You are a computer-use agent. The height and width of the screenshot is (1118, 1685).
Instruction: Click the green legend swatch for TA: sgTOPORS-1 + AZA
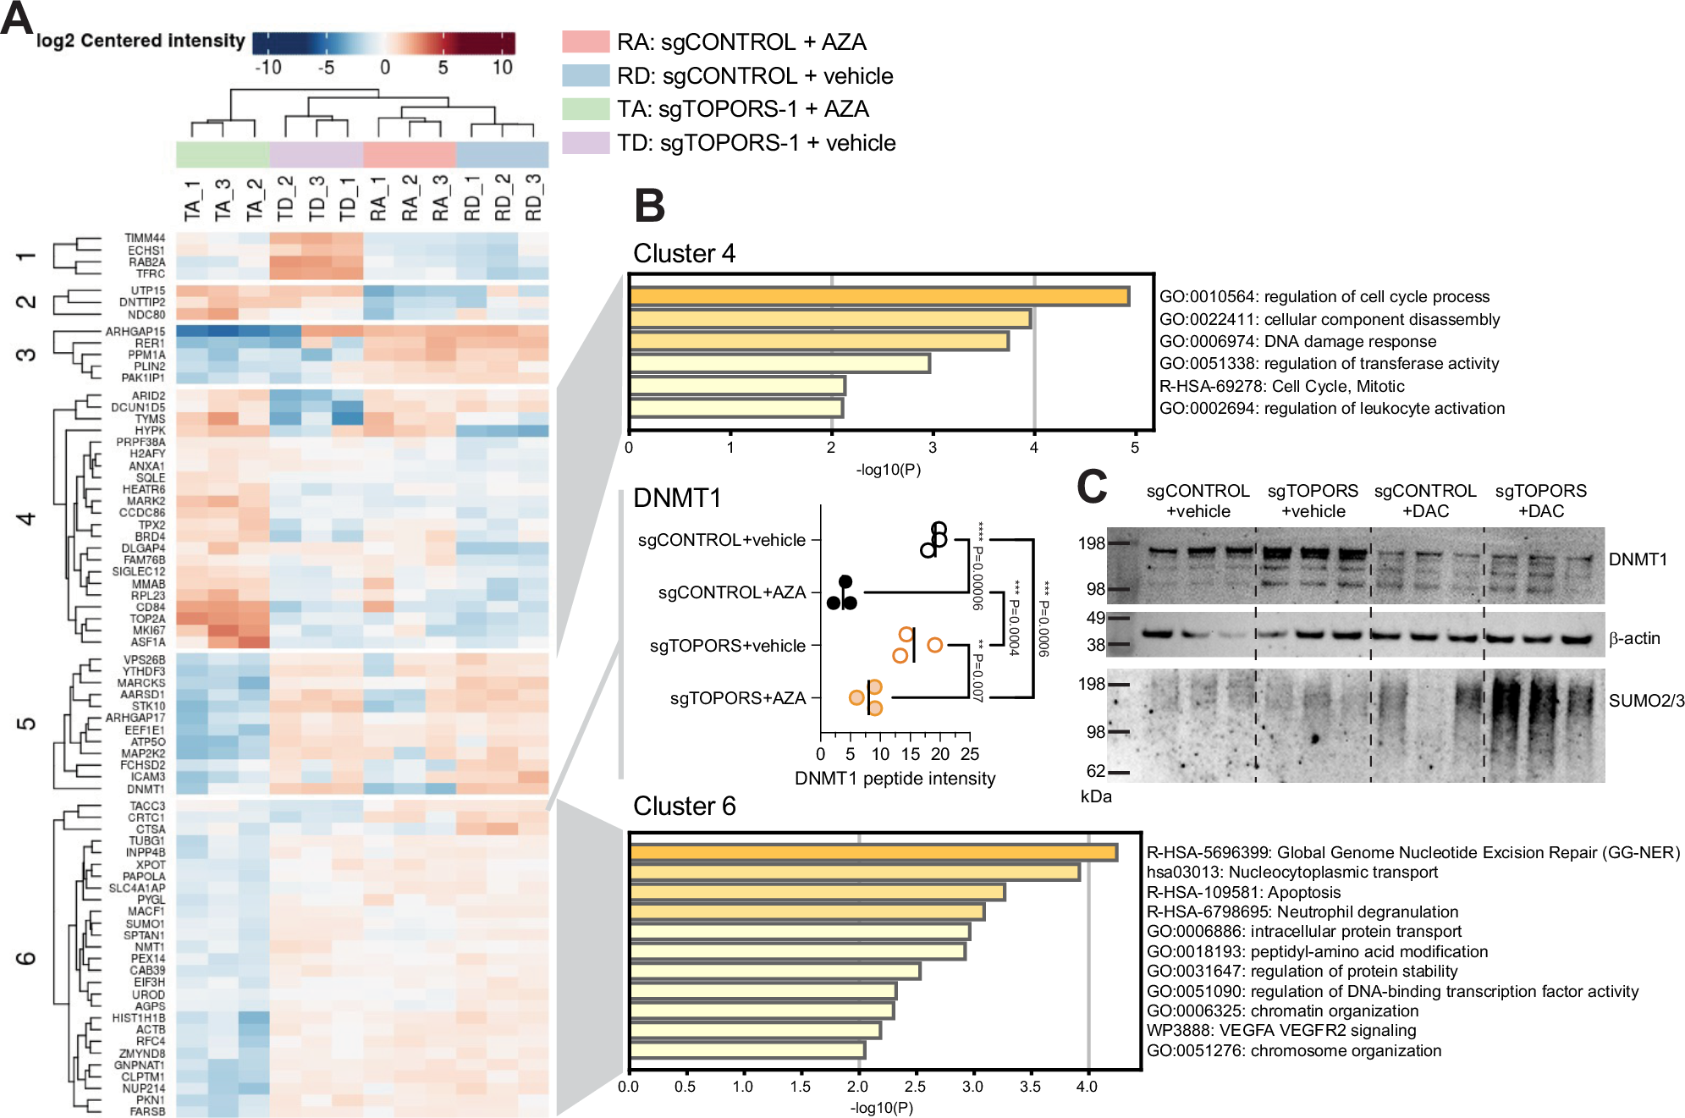(586, 109)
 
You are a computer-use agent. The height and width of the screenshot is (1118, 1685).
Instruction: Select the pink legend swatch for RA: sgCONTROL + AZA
(586, 41)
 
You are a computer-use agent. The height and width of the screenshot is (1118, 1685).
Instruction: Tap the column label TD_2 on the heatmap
(285, 200)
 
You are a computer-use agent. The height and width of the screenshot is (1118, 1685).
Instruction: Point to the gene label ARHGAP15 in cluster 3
(135, 331)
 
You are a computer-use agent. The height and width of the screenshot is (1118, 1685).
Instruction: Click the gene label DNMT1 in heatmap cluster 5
(146, 789)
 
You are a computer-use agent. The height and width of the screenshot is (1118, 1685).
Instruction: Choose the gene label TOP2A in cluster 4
(147, 619)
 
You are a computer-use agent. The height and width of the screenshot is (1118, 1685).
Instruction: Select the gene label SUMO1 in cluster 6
(145, 923)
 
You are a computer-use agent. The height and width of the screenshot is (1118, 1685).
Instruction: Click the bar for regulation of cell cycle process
(878, 296)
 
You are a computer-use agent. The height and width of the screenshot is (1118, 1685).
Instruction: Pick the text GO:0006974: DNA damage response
(1297, 341)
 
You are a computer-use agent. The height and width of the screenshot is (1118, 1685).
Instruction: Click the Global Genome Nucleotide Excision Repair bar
(873, 852)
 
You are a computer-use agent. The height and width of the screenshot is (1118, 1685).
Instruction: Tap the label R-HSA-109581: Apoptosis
(1243, 892)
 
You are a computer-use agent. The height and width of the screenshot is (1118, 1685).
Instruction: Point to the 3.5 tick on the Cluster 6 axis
(1030, 1087)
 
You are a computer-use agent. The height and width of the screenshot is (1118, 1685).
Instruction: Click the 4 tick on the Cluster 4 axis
(1033, 448)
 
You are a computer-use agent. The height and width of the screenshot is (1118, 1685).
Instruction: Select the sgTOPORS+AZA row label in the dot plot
(737, 698)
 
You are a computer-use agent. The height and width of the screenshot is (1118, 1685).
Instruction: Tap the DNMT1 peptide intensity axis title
(895, 778)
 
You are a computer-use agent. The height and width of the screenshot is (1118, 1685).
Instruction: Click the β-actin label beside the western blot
(1634, 638)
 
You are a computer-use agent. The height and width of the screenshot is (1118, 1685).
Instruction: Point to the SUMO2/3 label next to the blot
(1646, 701)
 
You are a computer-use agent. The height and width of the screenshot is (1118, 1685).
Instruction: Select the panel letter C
(1092, 487)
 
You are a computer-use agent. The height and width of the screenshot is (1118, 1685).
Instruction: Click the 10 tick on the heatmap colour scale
(502, 68)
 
